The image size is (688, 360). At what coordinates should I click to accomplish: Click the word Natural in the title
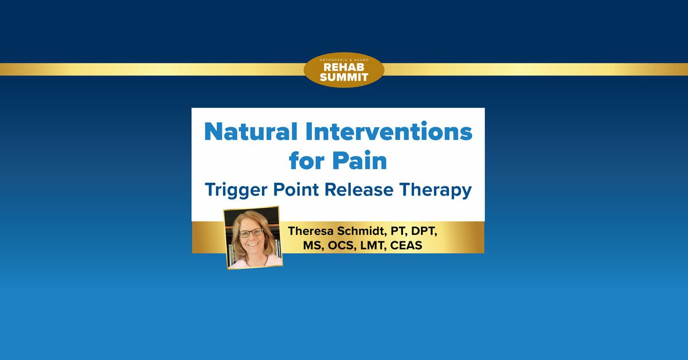pos(251,131)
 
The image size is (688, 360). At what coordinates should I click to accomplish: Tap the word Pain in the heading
pos(359,161)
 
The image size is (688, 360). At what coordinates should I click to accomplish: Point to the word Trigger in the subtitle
pos(236,190)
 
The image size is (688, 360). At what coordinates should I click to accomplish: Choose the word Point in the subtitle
pos(296,190)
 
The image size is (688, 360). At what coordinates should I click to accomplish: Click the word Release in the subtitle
pos(359,190)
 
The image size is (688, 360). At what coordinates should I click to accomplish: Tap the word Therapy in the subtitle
pos(435,190)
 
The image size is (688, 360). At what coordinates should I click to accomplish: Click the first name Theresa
pos(310,231)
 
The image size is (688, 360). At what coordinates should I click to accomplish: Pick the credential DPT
pos(424,231)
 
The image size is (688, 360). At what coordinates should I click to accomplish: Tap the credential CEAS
pos(406,245)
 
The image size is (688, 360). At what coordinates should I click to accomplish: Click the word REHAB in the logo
pos(344,67)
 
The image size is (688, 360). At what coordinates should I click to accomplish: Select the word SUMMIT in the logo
pos(344,77)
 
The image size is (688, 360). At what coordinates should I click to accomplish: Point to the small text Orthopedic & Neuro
pos(344,60)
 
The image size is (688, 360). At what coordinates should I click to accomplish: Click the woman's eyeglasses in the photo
pos(251,233)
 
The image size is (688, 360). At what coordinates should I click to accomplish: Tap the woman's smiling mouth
pos(253,245)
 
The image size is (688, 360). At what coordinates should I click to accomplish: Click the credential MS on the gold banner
pos(313,246)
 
